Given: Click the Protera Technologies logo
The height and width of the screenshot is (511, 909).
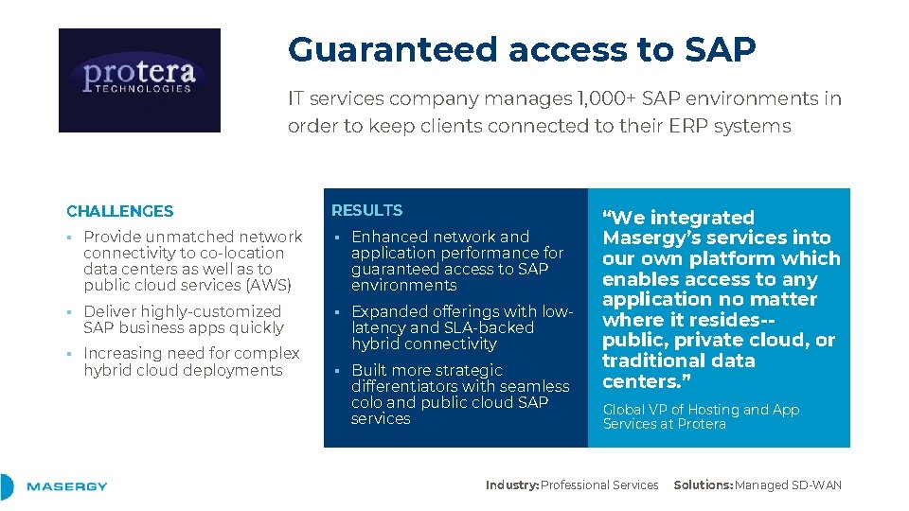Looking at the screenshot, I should coord(139,79).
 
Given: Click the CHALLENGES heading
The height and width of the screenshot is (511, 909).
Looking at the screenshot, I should coord(120,211).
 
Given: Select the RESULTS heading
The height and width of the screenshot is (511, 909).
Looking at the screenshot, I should coord(366,210).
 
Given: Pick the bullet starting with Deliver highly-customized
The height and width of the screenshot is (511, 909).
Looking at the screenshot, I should coord(183,319).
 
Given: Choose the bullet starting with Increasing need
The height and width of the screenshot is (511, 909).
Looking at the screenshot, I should coord(191,361).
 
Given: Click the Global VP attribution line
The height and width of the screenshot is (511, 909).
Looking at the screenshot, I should coord(701,416).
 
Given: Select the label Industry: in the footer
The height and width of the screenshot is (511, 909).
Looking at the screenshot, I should coord(512,485).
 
